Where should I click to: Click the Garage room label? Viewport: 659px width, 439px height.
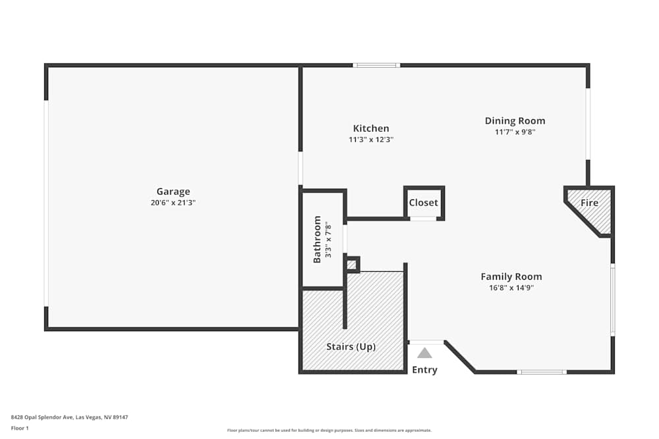173,192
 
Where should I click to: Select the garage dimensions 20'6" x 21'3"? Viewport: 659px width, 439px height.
173,203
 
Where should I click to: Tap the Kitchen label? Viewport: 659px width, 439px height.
371,128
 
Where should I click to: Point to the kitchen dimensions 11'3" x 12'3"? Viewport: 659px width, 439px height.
371,140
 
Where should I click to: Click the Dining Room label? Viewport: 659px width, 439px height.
515,120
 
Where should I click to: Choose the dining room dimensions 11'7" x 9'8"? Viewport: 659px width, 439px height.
515,132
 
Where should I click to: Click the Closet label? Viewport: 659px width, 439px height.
423,203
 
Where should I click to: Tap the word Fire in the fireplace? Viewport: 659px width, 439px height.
589,203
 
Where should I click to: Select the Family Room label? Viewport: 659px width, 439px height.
511,276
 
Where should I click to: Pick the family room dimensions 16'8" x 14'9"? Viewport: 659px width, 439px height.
511,288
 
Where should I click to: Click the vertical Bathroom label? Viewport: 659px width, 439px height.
317,240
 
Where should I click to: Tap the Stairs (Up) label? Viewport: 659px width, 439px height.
351,346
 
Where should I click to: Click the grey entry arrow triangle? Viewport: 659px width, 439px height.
424,353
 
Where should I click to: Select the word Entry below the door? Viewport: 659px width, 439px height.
424,370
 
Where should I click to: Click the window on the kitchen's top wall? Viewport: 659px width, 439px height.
376,65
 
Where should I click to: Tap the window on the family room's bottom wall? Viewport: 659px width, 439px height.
541,372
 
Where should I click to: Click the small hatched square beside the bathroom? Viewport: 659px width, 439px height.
352,265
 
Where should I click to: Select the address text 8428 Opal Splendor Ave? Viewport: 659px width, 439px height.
43,417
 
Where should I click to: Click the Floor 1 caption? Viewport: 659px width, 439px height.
20,428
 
